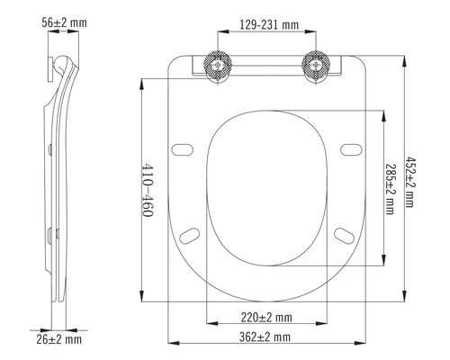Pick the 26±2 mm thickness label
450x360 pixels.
tap(60, 339)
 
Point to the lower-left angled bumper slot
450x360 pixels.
tap(190, 236)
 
